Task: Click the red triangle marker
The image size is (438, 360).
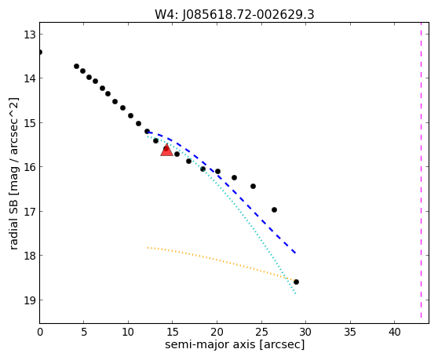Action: click(x=166, y=150)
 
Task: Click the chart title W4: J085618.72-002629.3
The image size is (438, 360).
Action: click(x=235, y=14)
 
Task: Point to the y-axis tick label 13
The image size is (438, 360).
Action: click(x=29, y=35)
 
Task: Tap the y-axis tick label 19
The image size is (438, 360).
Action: click(x=29, y=300)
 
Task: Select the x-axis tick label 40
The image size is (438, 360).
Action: click(x=394, y=332)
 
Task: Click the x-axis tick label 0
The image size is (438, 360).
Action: click(x=40, y=332)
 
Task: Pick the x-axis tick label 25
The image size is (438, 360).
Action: click(x=261, y=332)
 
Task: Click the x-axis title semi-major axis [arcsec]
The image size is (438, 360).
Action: click(x=235, y=344)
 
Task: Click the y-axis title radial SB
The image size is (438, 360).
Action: click(x=13, y=219)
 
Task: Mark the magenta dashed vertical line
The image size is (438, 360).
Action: click(x=421, y=170)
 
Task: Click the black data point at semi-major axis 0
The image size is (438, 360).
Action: click(x=40, y=53)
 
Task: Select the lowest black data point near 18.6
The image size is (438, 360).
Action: click(x=296, y=282)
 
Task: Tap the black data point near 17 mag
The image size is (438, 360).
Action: click(x=274, y=209)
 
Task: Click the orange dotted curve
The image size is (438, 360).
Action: click(x=221, y=261)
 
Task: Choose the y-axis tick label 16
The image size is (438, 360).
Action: click(x=29, y=167)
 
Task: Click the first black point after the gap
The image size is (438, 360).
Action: click(x=77, y=66)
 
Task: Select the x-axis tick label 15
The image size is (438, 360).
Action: click(x=173, y=332)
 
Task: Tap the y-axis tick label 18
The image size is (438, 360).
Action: click(x=29, y=256)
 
